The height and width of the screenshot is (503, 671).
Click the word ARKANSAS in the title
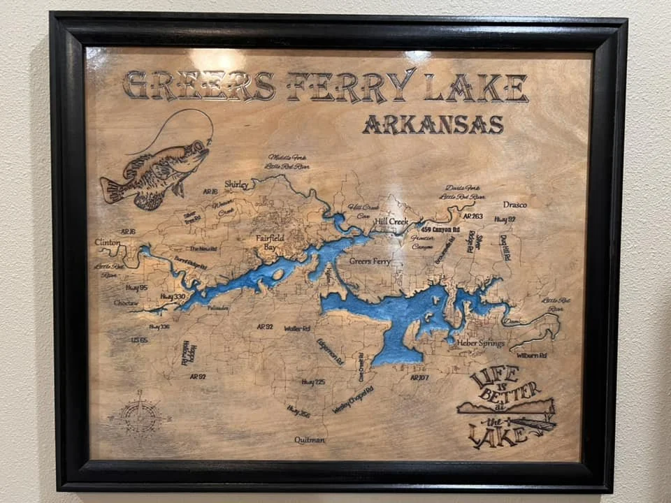(x=433, y=124)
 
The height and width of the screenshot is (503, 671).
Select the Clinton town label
(x=108, y=242)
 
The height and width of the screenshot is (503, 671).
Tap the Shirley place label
(x=237, y=184)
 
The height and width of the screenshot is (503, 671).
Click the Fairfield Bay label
(x=270, y=242)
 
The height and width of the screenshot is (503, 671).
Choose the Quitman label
(x=310, y=440)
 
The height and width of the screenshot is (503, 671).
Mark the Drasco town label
(x=514, y=205)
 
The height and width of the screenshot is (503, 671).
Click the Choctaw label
(x=126, y=303)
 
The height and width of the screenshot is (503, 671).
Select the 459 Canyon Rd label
(x=440, y=228)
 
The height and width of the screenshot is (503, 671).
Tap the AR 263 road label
(x=472, y=217)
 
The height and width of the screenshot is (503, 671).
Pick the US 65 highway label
(x=139, y=340)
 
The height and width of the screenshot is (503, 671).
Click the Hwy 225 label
(x=313, y=382)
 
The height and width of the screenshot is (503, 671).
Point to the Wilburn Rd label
(x=532, y=356)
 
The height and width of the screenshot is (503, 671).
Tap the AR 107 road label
(x=419, y=377)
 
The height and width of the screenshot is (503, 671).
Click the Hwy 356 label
(x=298, y=411)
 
